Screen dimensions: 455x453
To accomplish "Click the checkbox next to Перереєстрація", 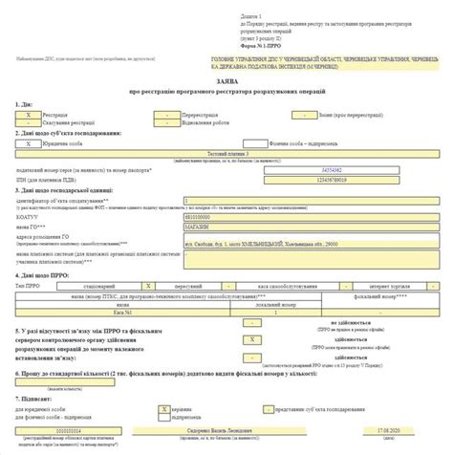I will (168, 113).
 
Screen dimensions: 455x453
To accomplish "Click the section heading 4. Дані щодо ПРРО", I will (38, 275).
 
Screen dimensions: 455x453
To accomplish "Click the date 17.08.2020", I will (386, 431).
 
